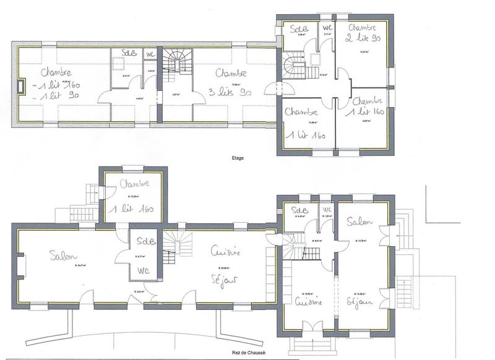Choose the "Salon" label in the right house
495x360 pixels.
click(x=359, y=221)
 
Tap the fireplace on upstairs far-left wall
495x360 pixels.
click(x=22, y=87)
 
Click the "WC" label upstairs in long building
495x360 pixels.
click(x=150, y=54)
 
